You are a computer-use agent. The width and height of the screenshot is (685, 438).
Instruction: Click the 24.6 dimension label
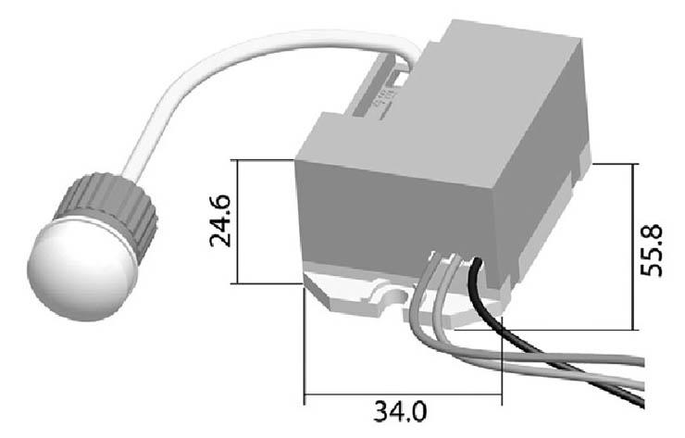[x=220, y=221]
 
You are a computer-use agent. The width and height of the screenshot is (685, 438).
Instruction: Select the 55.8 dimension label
[x=652, y=250]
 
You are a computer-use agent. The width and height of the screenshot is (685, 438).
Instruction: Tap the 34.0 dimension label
[x=400, y=412]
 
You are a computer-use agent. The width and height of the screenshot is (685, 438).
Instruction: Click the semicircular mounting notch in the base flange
[x=395, y=297]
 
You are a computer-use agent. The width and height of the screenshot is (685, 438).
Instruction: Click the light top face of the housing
[x=459, y=109]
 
